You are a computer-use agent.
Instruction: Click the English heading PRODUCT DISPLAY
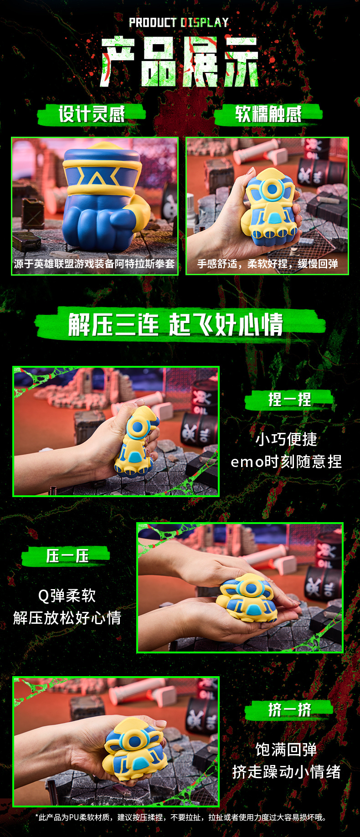click(x=179, y=22)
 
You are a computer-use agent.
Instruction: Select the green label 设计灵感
click(x=92, y=114)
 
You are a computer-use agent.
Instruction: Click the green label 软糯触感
click(x=268, y=114)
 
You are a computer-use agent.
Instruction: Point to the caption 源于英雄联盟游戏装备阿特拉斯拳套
click(x=94, y=264)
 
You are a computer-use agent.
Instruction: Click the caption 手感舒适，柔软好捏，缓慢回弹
click(x=267, y=264)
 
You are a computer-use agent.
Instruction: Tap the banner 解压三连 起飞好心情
click(x=176, y=324)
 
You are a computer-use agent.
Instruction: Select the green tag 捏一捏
click(x=290, y=400)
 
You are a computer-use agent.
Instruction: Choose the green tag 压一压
click(x=67, y=556)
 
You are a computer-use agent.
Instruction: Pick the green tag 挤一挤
click(x=290, y=709)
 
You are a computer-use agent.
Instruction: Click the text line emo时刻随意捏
click(x=286, y=462)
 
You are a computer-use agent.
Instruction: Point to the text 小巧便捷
click(x=286, y=439)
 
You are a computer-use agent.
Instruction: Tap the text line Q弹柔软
click(x=67, y=596)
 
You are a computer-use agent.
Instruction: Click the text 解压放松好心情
click(x=67, y=618)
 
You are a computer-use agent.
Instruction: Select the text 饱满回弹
click(x=286, y=750)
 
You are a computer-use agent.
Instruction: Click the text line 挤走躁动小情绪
click(x=286, y=772)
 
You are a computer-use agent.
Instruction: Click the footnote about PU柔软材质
click(x=181, y=817)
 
